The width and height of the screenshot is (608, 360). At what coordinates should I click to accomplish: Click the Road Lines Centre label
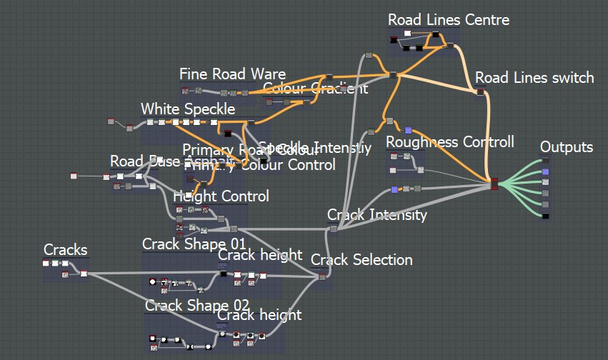coord(449,19)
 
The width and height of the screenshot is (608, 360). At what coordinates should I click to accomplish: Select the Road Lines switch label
coord(534,77)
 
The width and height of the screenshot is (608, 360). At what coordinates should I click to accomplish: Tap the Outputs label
coord(566,147)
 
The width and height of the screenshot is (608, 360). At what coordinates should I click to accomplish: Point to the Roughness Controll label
coord(449,142)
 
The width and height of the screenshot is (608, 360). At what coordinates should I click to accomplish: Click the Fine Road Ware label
coord(232,74)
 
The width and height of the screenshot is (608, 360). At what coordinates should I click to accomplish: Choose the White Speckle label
coord(187,109)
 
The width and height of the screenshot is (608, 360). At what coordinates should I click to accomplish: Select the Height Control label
coord(221,196)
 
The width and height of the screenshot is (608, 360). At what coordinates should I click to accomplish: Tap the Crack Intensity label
coord(377,214)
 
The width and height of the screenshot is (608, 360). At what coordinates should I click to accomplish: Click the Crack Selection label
coord(362,259)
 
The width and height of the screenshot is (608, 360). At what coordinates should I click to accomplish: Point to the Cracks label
coord(66,249)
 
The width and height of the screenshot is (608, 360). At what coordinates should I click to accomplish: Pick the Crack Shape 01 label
coord(194,244)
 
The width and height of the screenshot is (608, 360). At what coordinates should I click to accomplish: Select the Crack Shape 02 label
coord(197,306)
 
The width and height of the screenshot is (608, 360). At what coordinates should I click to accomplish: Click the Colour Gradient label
coord(315,89)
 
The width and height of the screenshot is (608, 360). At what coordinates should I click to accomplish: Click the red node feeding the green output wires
coord(494,186)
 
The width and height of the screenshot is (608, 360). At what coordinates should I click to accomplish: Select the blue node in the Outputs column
coord(545,172)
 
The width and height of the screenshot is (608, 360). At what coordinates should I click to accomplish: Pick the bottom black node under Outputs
coord(545,215)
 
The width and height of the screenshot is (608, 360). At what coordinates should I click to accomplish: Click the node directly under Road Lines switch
coord(480,91)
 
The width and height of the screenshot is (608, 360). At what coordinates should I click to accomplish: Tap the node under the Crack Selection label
coord(323,276)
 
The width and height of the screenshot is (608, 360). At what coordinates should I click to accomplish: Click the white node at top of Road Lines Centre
coord(407,34)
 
